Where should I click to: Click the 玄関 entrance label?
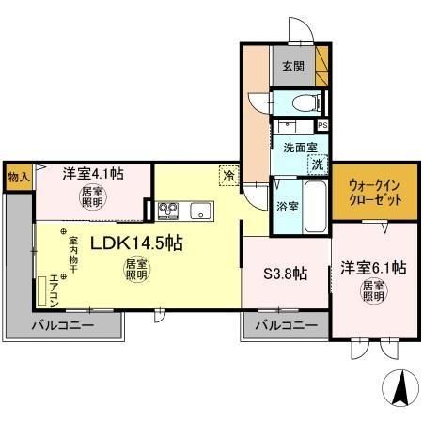[291, 67]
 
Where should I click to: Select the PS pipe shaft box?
[322, 125]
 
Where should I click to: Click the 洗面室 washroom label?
[300, 147]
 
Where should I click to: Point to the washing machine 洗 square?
[319, 164]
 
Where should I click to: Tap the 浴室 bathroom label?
[288, 206]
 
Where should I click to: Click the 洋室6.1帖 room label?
[372, 267]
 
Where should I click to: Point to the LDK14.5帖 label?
[136, 243]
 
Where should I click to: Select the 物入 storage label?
[19, 177]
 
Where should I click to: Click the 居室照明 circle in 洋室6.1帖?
[374, 289]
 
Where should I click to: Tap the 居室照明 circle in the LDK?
[136, 270]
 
